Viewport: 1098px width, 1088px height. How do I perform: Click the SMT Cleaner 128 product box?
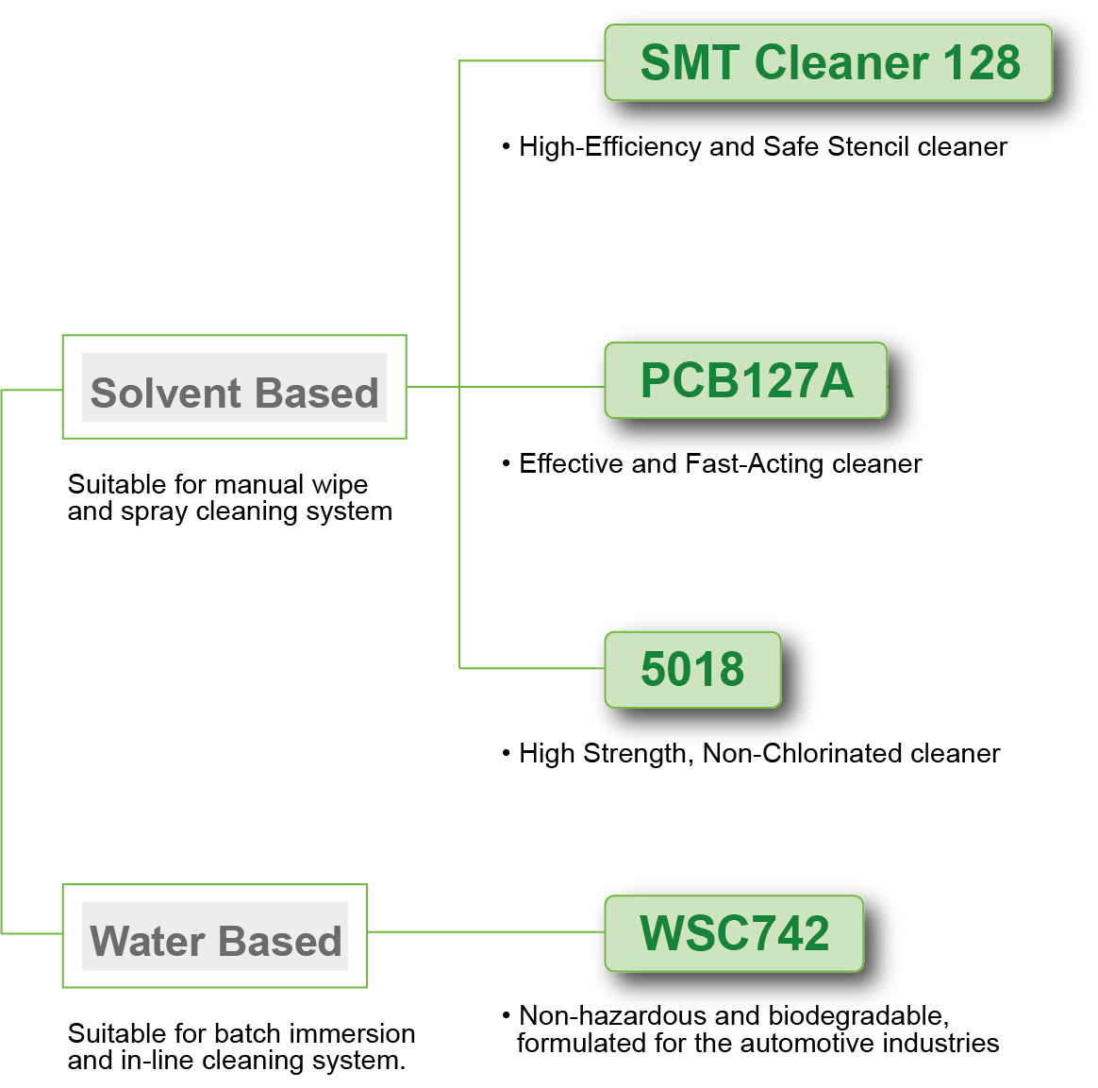827,62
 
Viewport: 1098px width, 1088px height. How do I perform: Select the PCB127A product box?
745,380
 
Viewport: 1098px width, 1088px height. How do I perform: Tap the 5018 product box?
691,669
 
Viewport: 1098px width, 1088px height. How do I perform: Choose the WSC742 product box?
733,933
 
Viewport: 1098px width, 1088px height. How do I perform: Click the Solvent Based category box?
234,387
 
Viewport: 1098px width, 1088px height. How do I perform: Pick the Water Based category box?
214,936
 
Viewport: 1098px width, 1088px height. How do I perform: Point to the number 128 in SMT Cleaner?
980,63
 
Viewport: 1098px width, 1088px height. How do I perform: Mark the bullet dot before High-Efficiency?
507,146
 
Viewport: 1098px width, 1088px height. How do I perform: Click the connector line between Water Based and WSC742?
481,931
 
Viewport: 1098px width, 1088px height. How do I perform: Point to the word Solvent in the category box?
166,393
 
